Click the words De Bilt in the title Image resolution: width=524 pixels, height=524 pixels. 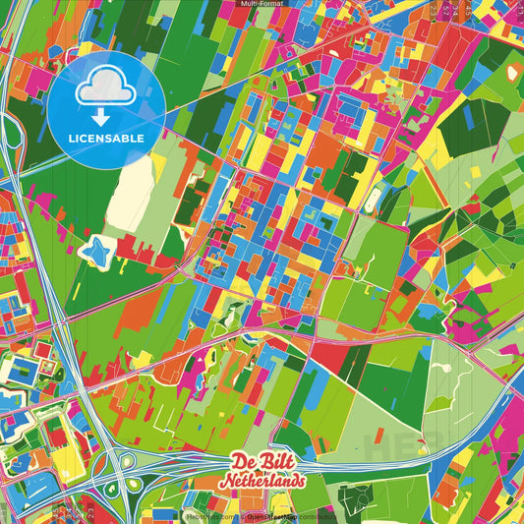261,461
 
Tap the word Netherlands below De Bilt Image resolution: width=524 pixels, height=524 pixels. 262,482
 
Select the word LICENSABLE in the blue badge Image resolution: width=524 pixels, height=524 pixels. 107,138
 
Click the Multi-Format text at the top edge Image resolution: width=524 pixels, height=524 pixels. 262,5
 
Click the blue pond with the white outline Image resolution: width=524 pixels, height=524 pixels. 96,253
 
